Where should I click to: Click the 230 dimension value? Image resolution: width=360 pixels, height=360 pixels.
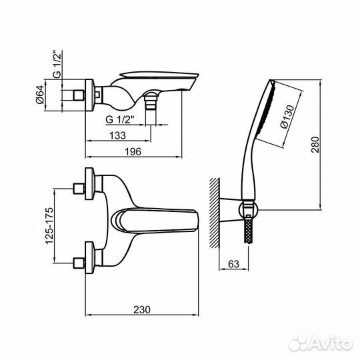142,310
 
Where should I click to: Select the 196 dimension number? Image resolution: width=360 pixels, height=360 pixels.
133,151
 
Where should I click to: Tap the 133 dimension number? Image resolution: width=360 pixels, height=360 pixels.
117,135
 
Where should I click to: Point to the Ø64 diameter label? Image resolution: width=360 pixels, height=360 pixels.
40,95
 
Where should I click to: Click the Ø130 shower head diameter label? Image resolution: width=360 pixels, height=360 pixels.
287,117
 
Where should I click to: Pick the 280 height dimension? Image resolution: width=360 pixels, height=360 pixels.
315,145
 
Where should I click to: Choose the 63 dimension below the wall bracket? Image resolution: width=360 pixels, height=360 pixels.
234,264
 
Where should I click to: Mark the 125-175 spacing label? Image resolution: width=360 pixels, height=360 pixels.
49,226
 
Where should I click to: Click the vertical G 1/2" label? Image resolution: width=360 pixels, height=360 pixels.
57,64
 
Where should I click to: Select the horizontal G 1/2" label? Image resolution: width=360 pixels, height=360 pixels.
120,119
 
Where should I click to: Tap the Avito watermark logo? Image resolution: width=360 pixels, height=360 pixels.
321,344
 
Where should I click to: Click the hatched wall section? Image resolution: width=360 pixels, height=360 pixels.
215,213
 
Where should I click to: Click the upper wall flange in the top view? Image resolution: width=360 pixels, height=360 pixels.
89,183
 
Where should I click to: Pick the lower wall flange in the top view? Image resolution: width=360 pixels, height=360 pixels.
89,257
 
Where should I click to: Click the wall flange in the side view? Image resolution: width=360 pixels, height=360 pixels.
89,95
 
